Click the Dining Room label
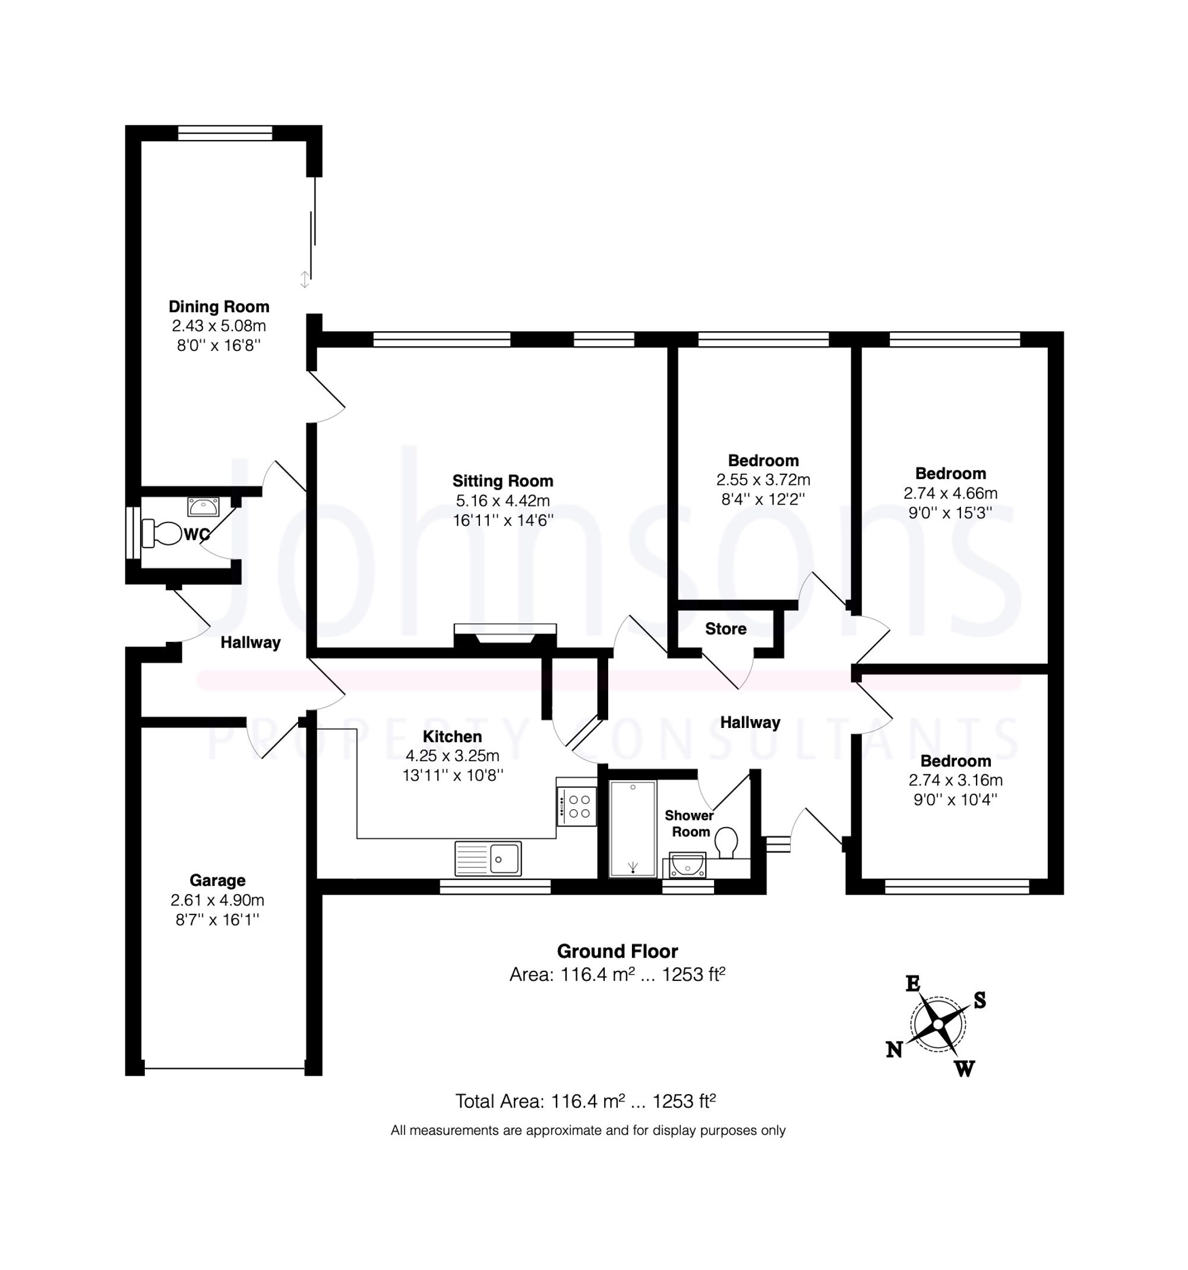coord(219,306)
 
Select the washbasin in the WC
coord(203,507)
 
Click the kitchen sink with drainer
coord(488,858)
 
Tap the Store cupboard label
coord(725,629)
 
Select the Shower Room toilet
coord(726,842)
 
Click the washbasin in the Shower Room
coord(688,866)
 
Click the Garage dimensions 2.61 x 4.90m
coord(217,900)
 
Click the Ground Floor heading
coord(617,951)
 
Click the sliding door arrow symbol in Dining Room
coord(305,279)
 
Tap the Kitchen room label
coord(452,737)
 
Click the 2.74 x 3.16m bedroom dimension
coord(955,780)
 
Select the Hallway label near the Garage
coord(251,642)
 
